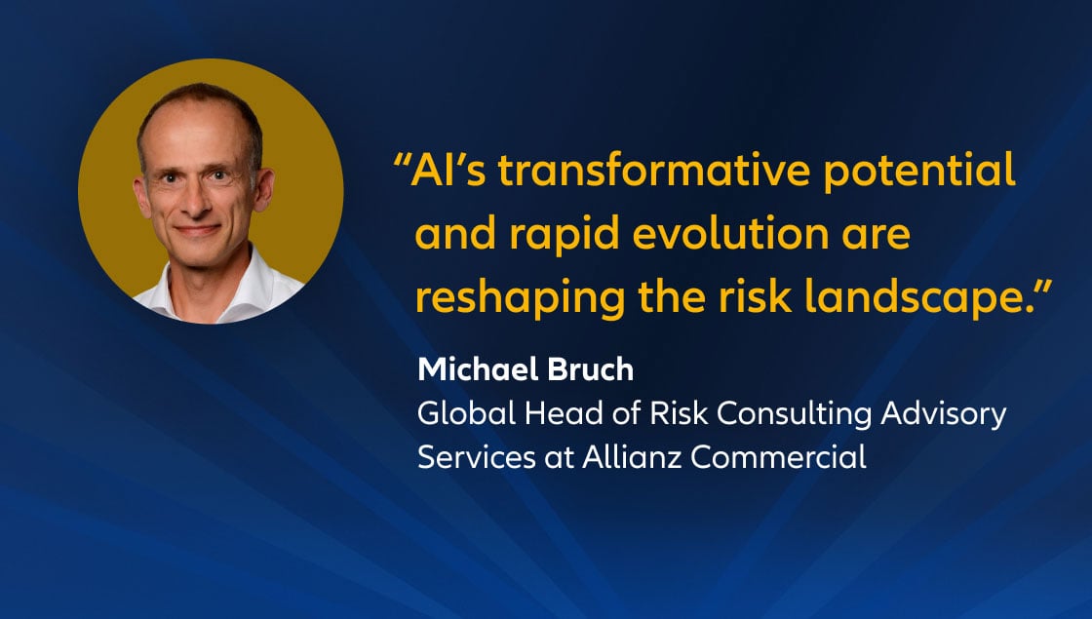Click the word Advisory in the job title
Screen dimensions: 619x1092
coord(952,415)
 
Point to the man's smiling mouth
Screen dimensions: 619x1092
coord(198,231)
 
